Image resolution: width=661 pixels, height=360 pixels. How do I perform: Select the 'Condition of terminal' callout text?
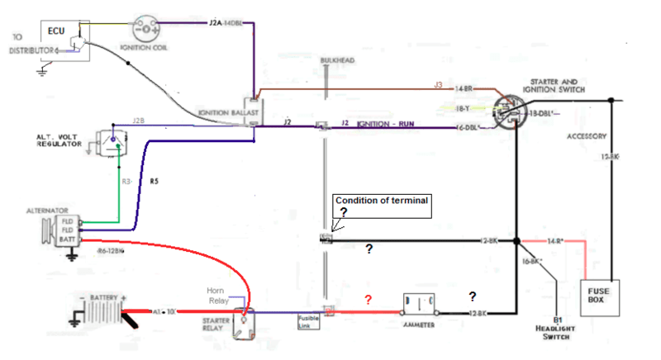pos(381,201)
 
